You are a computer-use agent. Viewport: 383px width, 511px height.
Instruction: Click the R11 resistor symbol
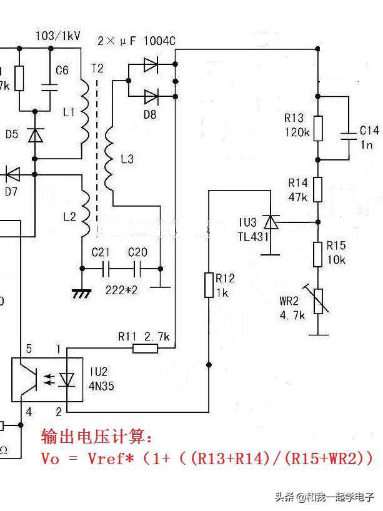point(145,348)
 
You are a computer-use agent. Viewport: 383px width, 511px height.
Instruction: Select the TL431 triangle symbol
point(271,222)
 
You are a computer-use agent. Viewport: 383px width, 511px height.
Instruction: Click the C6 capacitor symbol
point(48,87)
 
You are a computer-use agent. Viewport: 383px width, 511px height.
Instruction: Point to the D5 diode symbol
point(36,134)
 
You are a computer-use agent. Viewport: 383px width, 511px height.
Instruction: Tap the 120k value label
point(296,132)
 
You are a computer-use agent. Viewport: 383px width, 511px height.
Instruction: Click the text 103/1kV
point(58,36)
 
